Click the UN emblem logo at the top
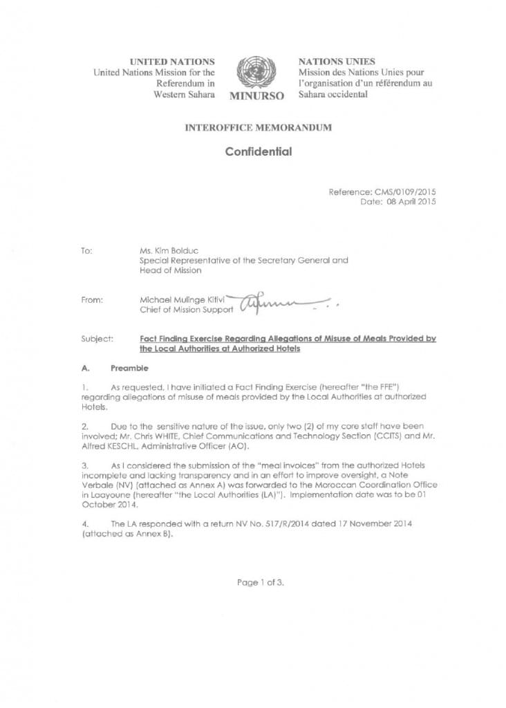[x=256, y=72]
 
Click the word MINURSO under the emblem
[x=256, y=96]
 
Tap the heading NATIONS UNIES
[x=330, y=62]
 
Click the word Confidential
[x=258, y=151]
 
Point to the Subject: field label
[x=94, y=339]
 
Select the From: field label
[x=91, y=300]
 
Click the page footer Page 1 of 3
[x=260, y=582]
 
